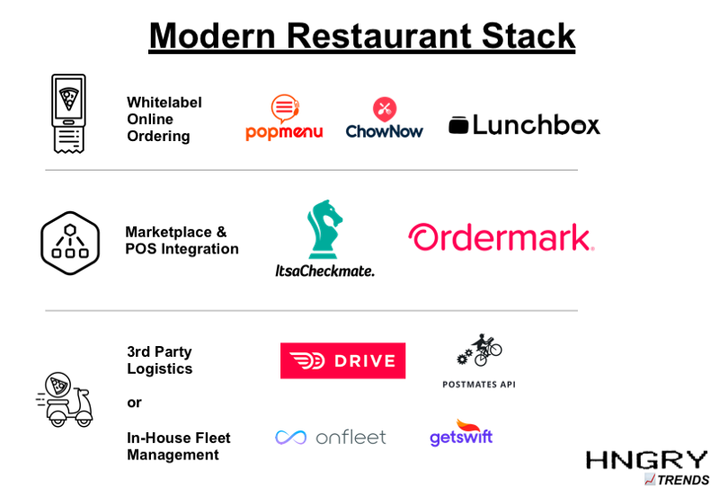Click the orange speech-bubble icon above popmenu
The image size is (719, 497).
tap(284, 109)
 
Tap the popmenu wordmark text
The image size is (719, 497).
tap(284, 132)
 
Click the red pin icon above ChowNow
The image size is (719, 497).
tap(385, 110)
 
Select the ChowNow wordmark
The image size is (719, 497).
tap(385, 132)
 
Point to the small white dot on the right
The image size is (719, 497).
tap(579, 128)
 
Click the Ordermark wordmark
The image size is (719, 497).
tap(502, 238)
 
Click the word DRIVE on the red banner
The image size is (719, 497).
tap(364, 361)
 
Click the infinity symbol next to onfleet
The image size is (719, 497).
tap(291, 438)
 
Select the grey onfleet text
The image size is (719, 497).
tap(351, 438)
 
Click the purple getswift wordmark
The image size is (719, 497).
tap(461, 439)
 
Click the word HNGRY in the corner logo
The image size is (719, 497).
tap(646, 460)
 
